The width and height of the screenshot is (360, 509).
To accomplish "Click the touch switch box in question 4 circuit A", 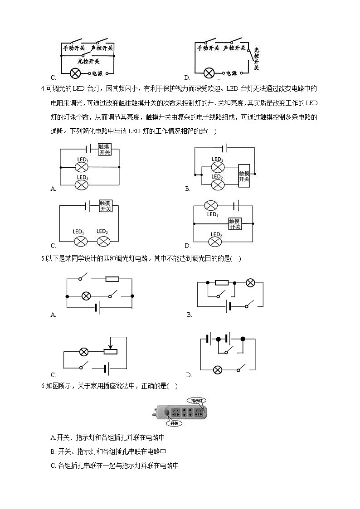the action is pos(105,149).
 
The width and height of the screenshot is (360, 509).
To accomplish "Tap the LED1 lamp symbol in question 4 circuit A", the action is pos(82,168).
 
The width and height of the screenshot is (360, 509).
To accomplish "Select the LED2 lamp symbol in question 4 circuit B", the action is pos(218,185).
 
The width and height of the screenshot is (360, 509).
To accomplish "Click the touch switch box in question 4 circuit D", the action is pos(235,223).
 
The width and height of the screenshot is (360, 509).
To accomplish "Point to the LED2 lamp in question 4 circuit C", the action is pos(103,242).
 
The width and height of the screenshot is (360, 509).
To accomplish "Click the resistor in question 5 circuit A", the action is pos(112,279).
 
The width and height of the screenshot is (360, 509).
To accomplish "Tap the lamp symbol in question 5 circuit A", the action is pos(86,296).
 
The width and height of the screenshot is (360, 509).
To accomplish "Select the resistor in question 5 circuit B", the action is pos(222,283).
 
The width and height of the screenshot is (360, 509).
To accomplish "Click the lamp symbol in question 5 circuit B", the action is pos(250,283).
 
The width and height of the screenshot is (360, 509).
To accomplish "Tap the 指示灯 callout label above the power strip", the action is pos(197,401).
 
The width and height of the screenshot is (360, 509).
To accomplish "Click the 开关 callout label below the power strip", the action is pos(174,423).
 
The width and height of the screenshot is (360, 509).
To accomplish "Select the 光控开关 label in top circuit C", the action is pos(88,61).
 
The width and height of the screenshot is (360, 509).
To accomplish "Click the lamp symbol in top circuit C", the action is pos(75,73).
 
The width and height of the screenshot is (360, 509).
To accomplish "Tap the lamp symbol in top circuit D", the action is pos(209,73).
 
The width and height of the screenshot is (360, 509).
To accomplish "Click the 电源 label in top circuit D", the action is pos(231,73).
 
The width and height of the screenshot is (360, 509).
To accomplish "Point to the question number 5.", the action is pos(43,259).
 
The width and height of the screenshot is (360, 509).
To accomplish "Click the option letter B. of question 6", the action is pos(53,451).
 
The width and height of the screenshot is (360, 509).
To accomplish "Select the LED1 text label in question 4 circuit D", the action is pos(213,214).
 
